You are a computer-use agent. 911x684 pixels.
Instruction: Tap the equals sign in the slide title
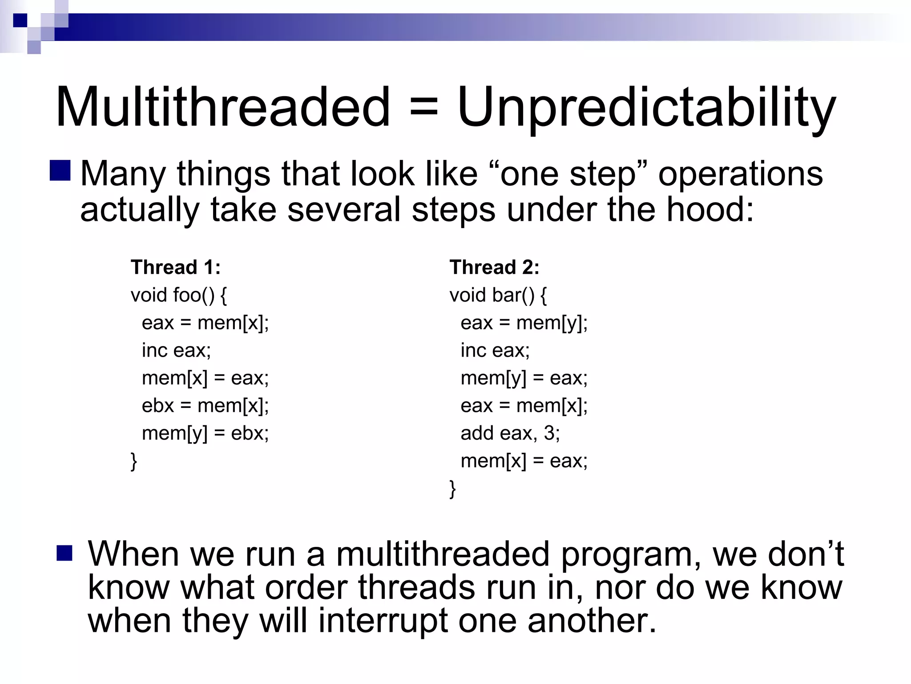pos(423,108)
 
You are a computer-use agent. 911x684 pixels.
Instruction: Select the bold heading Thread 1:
pos(176,268)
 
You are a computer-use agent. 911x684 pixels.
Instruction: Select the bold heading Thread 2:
pos(494,268)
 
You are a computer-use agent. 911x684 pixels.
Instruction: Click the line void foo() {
pos(179,295)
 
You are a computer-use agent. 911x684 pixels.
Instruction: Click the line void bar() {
pos(498,295)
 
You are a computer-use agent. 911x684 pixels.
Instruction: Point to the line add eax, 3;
pos(510,433)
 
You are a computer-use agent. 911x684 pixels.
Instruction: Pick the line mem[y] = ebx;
pos(205,433)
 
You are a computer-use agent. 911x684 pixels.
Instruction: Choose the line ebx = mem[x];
pos(205,406)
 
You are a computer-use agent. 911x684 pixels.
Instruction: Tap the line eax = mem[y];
pos(524,323)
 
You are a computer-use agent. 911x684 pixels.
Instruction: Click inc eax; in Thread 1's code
pos(176,350)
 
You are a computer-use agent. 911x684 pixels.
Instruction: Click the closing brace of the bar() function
pos(452,489)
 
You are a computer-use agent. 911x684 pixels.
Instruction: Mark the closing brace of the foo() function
pos(133,461)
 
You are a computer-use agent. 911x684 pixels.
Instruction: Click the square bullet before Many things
pos(60,171)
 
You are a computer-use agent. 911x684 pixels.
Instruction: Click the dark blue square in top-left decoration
pos(20,20)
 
